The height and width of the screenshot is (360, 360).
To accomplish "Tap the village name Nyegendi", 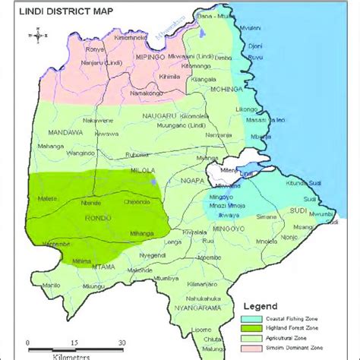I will [153, 255].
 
